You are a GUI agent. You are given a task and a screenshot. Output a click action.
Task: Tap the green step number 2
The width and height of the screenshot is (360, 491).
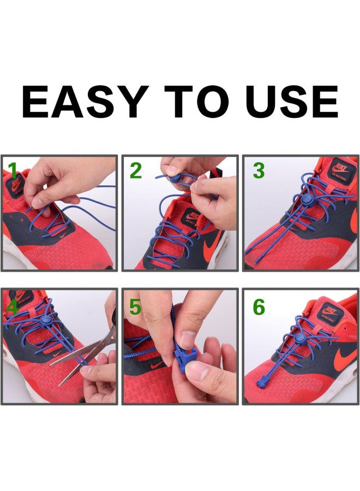tap(136, 171)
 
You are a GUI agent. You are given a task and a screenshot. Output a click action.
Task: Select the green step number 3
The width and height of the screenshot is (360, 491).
tap(259, 171)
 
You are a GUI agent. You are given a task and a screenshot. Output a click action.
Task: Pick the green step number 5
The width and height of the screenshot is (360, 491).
tap(135, 307)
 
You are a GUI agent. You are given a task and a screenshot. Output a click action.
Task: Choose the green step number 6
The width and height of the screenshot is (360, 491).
tap(259, 307)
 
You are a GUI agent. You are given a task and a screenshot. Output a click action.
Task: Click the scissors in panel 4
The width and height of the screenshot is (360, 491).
tap(87, 349)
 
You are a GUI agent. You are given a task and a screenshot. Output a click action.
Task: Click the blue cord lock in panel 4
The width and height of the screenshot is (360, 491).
tap(47, 316)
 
